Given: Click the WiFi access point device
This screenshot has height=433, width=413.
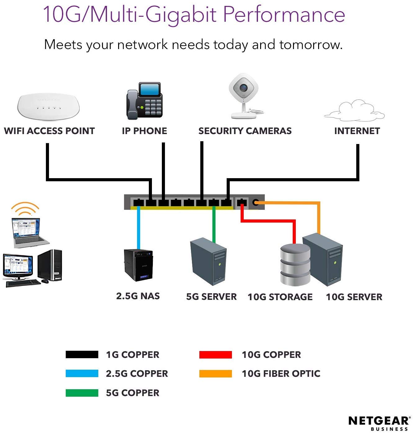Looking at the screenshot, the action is coord(48,106).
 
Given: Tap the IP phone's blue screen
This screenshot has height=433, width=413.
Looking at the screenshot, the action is coord(149,89).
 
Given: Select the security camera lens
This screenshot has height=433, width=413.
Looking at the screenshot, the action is coord(244,87).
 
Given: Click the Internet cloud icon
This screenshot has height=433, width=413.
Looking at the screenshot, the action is coord(354,111).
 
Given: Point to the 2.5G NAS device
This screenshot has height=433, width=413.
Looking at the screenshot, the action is coord(138,265).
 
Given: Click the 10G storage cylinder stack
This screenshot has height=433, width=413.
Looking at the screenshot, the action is coord(295,264).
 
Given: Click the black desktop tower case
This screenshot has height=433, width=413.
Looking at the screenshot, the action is coord(50,265).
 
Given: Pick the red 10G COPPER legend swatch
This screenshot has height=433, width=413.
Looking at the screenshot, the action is coord(215,354).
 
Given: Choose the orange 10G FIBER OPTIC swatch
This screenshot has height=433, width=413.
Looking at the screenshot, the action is coord(215,374).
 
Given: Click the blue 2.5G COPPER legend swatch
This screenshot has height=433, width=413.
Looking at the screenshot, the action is coord(82,373).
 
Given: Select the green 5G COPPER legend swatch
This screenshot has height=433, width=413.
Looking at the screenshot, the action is coord(82,393).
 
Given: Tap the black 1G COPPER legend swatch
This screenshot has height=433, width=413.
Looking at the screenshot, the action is coord(82,354).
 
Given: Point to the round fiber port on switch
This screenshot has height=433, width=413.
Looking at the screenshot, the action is coord(255,202).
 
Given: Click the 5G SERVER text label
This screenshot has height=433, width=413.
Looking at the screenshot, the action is coord(211,297).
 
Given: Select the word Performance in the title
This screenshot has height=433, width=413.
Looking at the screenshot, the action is coord(284,14).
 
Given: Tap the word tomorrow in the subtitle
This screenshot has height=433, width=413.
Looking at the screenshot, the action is coord(311,44).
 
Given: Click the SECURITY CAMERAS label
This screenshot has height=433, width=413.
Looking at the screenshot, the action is coord(245,131).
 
